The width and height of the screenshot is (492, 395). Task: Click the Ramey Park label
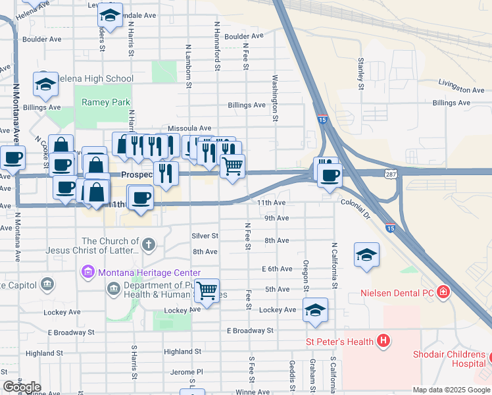[x=106, y=102]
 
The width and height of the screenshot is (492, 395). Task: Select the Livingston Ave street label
[x=461, y=90]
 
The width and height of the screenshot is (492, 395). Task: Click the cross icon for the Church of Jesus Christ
[x=149, y=246]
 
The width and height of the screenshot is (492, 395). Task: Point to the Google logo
[x=22, y=387]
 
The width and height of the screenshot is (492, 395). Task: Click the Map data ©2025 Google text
[x=451, y=390]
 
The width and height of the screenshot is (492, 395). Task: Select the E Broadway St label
[x=249, y=330]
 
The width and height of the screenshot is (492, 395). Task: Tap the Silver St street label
[x=205, y=236]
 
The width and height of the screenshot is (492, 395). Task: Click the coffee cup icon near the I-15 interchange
[x=330, y=175]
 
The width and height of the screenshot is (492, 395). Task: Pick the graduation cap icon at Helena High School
[x=46, y=84]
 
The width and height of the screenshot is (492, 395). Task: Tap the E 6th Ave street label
[x=276, y=269]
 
